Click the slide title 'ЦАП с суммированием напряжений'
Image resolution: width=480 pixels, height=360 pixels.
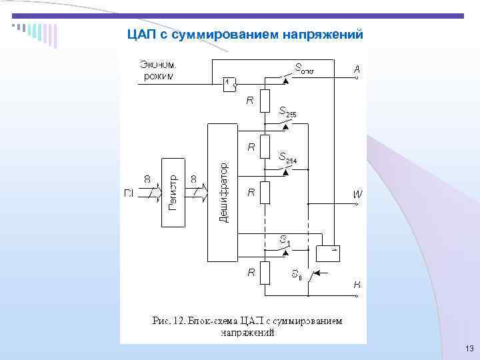[245, 34]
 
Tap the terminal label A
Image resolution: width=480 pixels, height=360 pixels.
[357, 69]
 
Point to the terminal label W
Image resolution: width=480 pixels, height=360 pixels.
[358, 194]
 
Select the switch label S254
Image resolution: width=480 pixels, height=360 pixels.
[287, 157]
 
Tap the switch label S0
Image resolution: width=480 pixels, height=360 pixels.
[296, 274]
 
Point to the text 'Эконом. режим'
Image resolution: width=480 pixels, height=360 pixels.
[158, 70]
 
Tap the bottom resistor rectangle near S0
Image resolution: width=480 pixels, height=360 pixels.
[265, 272]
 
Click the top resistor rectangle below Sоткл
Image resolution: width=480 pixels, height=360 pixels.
[265, 101]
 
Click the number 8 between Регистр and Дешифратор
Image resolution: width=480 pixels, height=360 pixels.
[193, 179]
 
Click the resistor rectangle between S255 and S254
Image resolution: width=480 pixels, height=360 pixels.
[265, 146]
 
